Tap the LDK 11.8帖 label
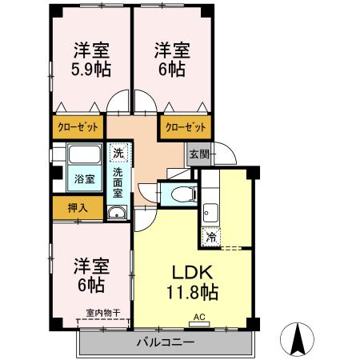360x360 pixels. (191, 282)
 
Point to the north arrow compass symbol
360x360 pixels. (298, 339)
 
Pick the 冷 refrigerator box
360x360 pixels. (211, 237)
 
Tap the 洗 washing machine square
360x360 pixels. (118, 152)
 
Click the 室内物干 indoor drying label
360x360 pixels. (102, 313)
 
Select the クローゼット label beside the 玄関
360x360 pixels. (186, 126)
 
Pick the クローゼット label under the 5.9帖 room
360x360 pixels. (78, 126)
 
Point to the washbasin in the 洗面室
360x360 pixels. (117, 212)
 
